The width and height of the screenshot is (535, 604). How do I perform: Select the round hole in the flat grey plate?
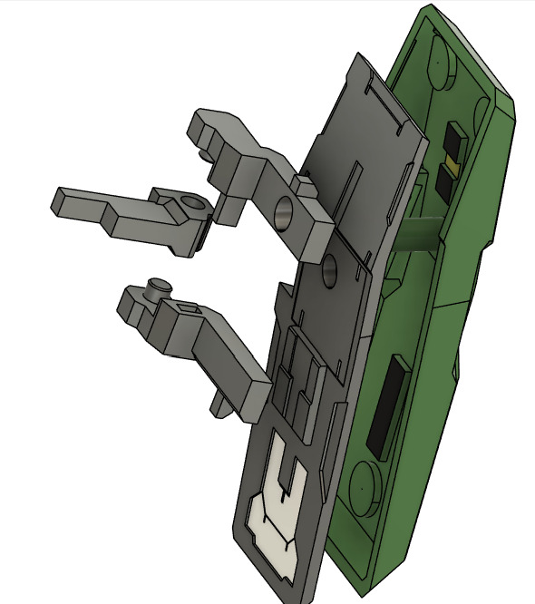click(x=328, y=268)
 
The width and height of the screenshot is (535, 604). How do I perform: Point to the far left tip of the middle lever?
click(x=58, y=198)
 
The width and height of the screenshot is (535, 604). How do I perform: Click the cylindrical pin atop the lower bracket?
click(x=160, y=286)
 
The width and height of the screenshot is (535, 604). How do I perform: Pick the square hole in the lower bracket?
click(x=190, y=311)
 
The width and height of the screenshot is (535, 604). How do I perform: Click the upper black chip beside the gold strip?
click(x=452, y=140)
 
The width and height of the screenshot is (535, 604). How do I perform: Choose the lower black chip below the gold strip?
click(x=445, y=185)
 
